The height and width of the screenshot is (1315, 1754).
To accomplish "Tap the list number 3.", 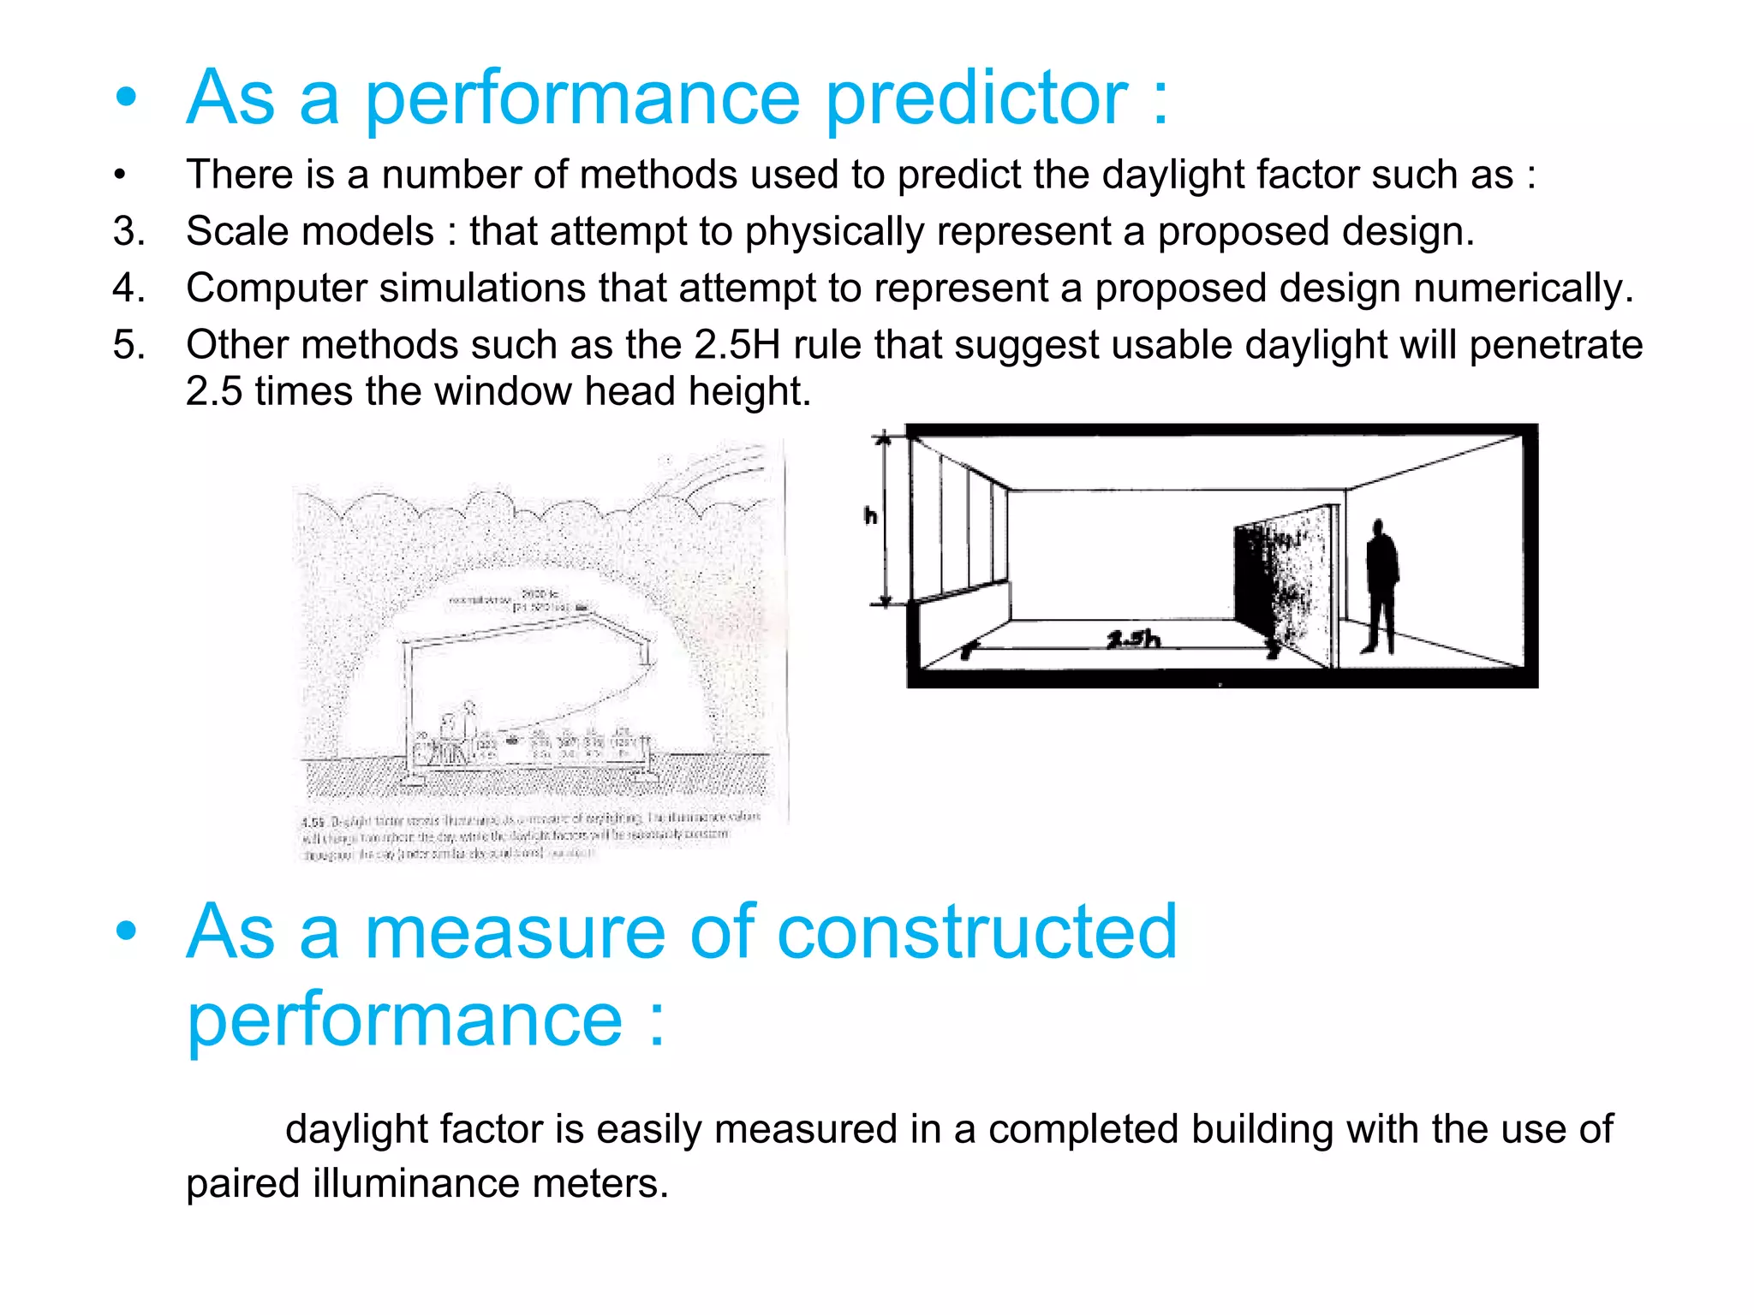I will tap(129, 231).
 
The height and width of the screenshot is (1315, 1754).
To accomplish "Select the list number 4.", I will tap(129, 288).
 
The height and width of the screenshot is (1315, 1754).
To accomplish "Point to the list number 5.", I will tap(129, 345).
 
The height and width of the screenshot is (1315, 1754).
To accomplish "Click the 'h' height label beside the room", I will tap(870, 515).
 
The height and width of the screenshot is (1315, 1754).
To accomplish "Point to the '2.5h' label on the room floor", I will tap(1132, 639).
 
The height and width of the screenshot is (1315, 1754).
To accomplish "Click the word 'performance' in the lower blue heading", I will tap(404, 1019).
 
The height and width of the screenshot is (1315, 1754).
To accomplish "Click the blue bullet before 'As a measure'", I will tap(127, 931).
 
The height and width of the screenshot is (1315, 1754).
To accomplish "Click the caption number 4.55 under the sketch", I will tap(313, 821).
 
